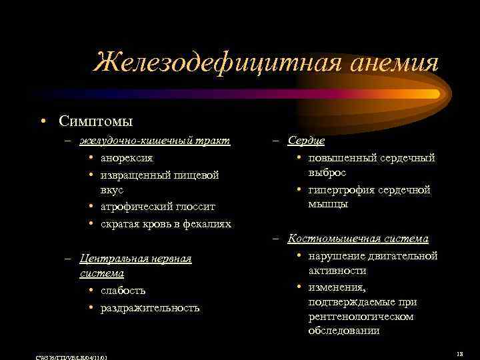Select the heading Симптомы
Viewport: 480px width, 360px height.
tap(95, 121)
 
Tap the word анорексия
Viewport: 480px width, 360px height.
tap(127, 158)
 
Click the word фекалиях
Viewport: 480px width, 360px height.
tap(207, 223)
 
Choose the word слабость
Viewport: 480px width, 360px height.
tap(123, 291)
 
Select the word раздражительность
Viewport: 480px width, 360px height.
tap(150, 307)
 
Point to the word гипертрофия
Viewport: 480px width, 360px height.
tap(343, 190)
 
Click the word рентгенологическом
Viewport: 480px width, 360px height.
tap(361, 316)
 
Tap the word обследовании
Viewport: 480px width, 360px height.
tap(344, 331)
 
